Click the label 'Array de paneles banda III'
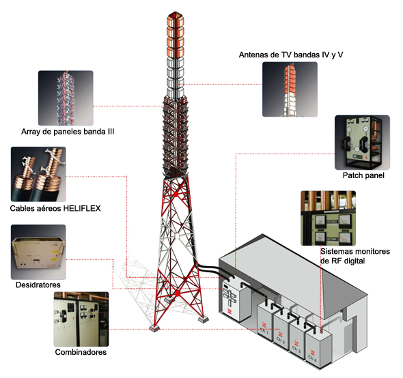pos(68,132)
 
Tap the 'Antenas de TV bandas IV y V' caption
pos(291,55)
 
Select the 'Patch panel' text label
pos(363,175)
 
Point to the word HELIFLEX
pos(82,208)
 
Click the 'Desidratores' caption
pos(38,285)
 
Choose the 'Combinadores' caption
pos(81,352)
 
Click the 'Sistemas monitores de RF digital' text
pos(355,256)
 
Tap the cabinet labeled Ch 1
pos(265,320)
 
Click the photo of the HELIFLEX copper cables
pos(38,174)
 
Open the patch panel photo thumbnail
pos(362,143)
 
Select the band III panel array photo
pos(66,98)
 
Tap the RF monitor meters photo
pos(329,218)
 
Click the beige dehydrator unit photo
pos(38,252)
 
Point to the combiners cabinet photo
pos(81,319)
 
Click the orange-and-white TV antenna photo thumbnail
pos(290,89)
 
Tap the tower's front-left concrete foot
pos(155,328)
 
